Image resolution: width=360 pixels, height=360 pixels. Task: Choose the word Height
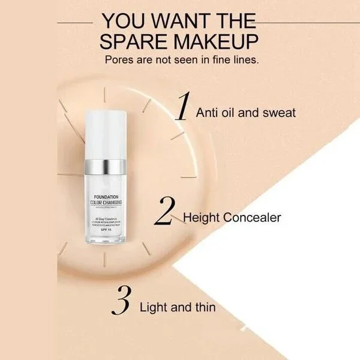(x=203, y=217)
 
